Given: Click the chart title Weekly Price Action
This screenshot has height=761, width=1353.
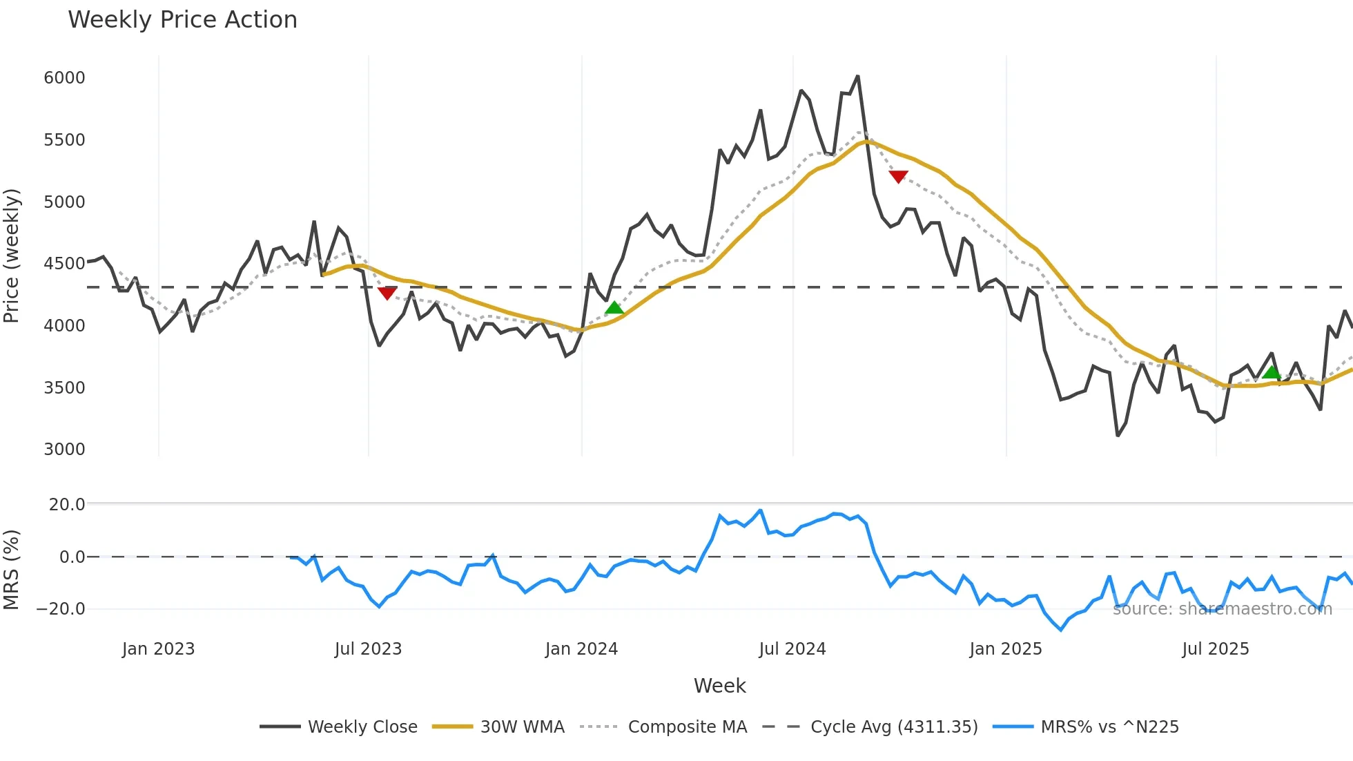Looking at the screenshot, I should [182, 20].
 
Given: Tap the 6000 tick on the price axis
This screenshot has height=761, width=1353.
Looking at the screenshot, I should [64, 77].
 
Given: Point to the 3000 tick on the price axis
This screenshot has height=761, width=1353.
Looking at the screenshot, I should [64, 449].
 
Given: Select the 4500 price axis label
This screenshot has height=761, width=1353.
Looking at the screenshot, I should [64, 263].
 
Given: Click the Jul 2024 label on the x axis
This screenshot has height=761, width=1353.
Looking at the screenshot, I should [792, 649].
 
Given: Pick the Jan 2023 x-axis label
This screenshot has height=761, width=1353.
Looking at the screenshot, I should [158, 649].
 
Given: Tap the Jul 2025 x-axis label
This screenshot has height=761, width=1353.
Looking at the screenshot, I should [1215, 649].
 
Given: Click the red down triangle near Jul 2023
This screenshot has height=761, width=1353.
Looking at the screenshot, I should [387, 293].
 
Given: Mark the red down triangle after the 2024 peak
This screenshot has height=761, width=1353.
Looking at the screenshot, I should [898, 176].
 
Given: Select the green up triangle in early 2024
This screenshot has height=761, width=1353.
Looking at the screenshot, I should [614, 308].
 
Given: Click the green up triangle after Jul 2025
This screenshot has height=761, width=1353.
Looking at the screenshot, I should [1271, 373].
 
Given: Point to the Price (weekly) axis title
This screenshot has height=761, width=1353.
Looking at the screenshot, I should [11, 256].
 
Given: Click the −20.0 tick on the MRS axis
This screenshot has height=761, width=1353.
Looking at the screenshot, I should [61, 608].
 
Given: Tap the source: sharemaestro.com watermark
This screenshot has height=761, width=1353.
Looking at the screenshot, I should [1222, 608].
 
